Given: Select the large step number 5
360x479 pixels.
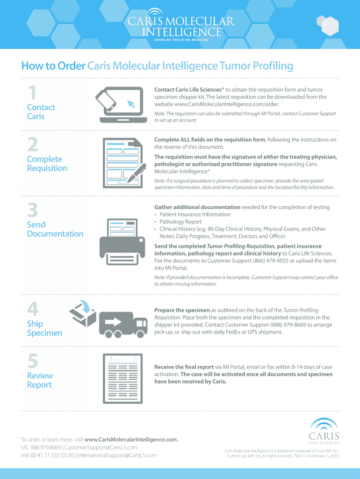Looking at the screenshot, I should [33, 361].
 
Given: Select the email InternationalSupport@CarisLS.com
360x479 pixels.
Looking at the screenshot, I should [116, 455].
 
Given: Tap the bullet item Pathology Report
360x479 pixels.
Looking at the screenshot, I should [180, 222].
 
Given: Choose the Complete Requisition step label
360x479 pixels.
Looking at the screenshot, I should [47, 164].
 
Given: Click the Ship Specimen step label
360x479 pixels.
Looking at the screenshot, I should [44, 328].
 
